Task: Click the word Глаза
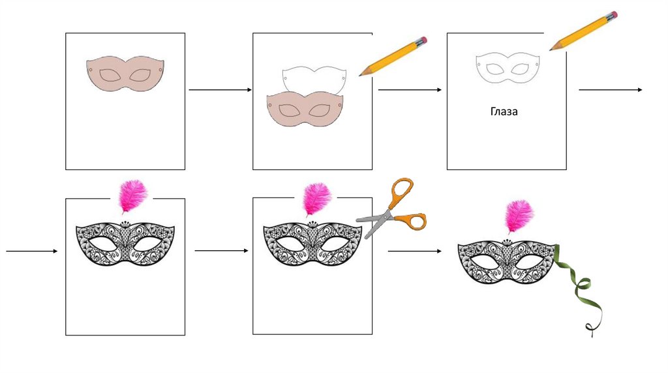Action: click(504, 111)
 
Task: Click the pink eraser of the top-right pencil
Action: click(613, 15)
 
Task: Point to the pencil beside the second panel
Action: click(393, 56)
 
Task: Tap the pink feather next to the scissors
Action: click(317, 200)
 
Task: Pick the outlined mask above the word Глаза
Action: click(508, 68)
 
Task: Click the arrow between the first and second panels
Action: click(220, 90)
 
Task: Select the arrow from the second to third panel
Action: click(410, 90)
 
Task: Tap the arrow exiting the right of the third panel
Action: click(611, 90)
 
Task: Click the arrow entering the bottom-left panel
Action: click(32, 251)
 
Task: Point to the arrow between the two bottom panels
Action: click(222, 251)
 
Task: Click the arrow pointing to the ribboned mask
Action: click(415, 251)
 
